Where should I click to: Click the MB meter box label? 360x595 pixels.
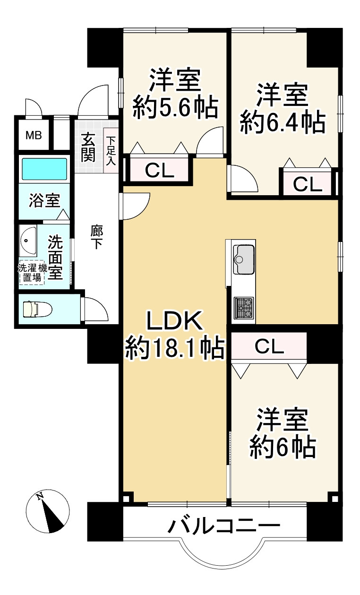(x=34, y=136)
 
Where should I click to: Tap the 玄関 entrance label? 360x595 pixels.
(x=88, y=148)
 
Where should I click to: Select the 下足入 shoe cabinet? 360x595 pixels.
(x=111, y=150)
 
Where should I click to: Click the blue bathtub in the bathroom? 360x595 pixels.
(x=44, y=169)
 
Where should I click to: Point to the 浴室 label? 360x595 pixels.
(x=44, y=200)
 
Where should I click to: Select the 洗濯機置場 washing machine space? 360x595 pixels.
(x=32, y=273)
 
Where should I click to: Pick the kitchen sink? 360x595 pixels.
(x=243, y=259)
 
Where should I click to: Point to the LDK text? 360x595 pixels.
(x=174, y=323)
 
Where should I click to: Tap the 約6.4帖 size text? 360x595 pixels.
(x=283, y=122)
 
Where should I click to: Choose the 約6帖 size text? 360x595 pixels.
(x=283, y=446)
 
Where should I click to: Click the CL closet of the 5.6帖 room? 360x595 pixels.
(x=159, y=170)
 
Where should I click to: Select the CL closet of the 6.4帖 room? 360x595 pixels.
(x=307, y=184)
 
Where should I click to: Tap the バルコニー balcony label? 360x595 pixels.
(x=224, y=526)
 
